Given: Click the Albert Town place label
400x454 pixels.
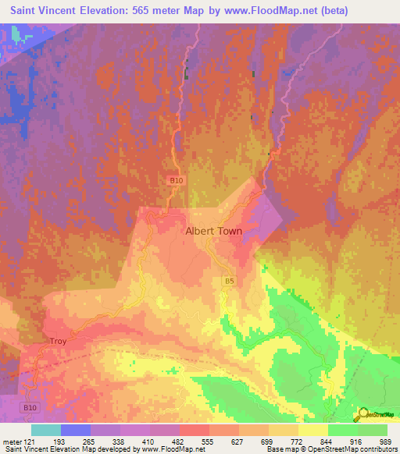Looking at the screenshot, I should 213,232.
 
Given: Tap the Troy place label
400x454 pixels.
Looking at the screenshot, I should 59,342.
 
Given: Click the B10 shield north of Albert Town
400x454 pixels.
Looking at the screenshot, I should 177,180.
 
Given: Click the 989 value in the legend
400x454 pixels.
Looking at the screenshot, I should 374,441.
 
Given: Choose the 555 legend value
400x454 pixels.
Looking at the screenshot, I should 205,441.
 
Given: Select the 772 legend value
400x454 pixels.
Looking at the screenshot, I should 290,441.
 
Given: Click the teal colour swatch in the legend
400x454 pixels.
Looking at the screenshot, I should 46,430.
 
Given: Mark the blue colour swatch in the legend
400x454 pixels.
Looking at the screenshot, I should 74,430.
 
